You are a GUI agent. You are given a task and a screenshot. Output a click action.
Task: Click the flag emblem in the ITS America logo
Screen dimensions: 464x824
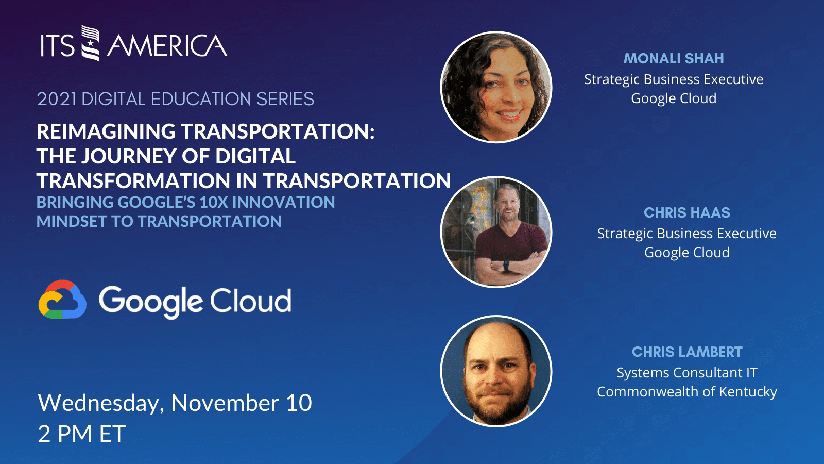coord(91,43)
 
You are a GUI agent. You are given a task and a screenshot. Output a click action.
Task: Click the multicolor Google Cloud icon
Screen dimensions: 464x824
coord(62,300)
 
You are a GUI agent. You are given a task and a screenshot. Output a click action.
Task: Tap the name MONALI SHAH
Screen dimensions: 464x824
coord(674,59)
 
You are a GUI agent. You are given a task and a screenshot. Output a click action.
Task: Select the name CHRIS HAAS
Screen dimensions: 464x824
coord(686,213)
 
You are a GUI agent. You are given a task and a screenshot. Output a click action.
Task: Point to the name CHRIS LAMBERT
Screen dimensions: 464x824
coord(686,352)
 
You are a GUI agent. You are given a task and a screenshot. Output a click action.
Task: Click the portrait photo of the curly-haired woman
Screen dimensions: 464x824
coord(496,87)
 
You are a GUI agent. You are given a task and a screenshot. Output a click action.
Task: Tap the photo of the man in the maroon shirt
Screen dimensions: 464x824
coord(496,232)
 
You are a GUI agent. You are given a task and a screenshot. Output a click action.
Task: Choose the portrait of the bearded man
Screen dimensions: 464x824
coord(496,371)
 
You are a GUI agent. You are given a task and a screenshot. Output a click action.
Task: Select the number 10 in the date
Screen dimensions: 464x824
coord(299,403)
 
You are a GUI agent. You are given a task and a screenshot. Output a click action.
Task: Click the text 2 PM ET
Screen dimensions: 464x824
coord(81,434)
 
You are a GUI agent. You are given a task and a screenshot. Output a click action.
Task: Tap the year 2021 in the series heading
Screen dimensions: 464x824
coord(57,99)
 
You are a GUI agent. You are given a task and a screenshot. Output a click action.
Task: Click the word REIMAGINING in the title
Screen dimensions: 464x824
coord(106,131)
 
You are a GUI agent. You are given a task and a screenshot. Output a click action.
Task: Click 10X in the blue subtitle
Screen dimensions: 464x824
coord(214,202)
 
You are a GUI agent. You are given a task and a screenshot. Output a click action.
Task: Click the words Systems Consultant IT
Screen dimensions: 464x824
coord(686,373)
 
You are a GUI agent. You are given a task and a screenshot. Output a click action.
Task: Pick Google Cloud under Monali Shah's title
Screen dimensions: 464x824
coord(674,98)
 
